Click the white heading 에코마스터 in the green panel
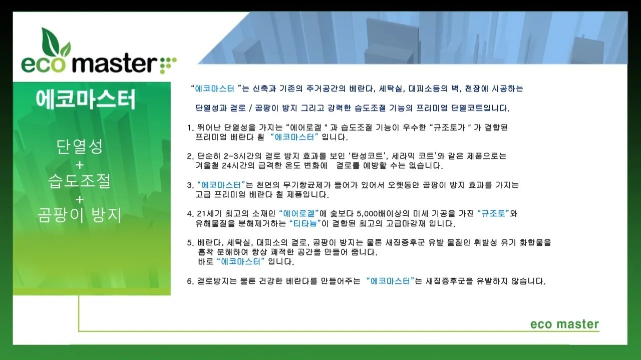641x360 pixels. point(86,100)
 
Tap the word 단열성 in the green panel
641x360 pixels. point(80,147)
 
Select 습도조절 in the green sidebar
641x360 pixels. point(80,181)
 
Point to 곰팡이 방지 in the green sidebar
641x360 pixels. point(80,215)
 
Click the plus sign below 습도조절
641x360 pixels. point(80,198)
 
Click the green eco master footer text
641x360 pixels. point(564,324)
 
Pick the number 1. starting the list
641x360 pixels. point(190,128)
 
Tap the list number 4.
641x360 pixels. point(190,214)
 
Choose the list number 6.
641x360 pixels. point(190,281)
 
